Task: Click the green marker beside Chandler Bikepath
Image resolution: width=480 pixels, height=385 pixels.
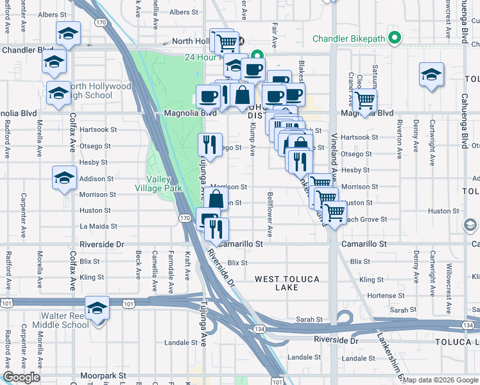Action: (x=395, y=38)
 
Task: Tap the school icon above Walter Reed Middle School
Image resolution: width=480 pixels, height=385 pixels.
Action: (x=97, y=308)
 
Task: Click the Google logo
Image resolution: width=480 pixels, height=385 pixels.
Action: (x=22, y=377)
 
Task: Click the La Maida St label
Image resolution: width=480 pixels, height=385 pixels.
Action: (x=98, y=227)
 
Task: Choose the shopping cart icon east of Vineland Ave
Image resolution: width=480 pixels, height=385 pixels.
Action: (x=364, y=100)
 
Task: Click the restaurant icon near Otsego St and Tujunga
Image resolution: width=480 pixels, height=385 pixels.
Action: (x=210, y=144)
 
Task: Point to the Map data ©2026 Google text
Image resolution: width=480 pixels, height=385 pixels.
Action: (x=440, y=379)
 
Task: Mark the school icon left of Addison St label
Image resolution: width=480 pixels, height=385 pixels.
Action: (x=64, y=178)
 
